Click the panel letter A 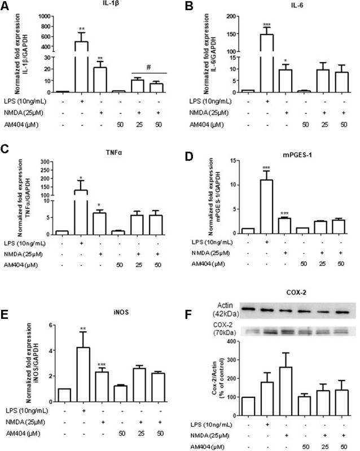[x=7, y=7]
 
